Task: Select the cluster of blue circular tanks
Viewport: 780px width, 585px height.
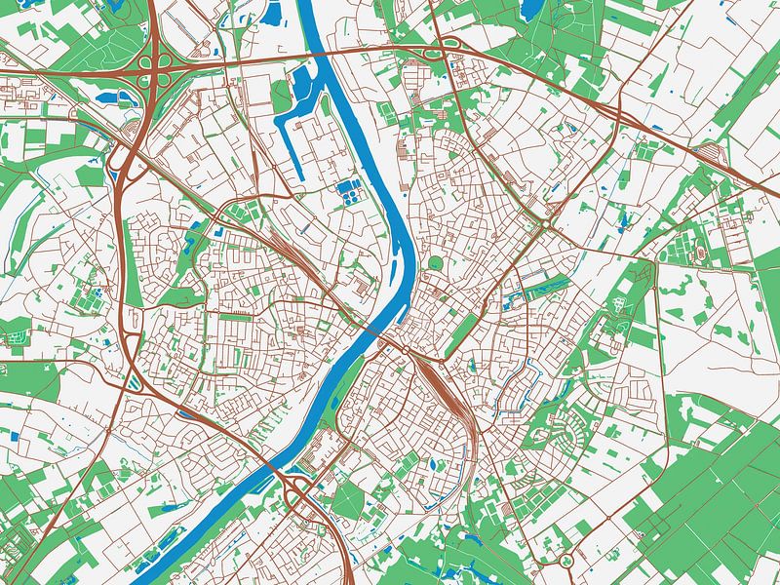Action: click(347, 191)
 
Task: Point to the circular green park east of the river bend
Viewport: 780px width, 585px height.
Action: click(435, 263)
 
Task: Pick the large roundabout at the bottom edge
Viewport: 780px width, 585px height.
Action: click(565, 563)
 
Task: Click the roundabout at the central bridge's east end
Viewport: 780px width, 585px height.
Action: click(404, 349)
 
